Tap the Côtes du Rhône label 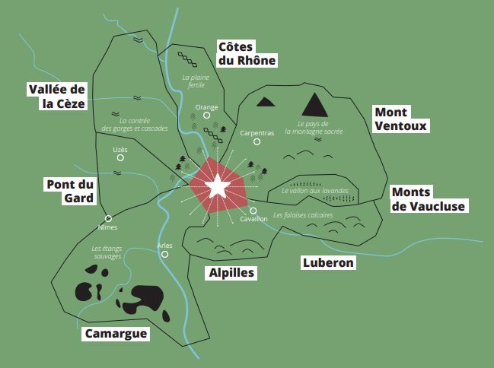[246, 54]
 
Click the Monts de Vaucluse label [427, 199]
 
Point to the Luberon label [328, 262]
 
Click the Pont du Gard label [70, 191]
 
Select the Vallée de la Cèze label [57, 97]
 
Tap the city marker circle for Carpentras [257, 142]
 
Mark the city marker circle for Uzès [120, 160]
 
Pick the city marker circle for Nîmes [109, 218]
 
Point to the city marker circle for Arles [164, 255]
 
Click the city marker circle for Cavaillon [253, 211]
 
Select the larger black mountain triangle [314, 103]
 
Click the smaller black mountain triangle [266, 101]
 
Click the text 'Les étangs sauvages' [107, 252]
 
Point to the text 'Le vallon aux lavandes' [314, 191]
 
